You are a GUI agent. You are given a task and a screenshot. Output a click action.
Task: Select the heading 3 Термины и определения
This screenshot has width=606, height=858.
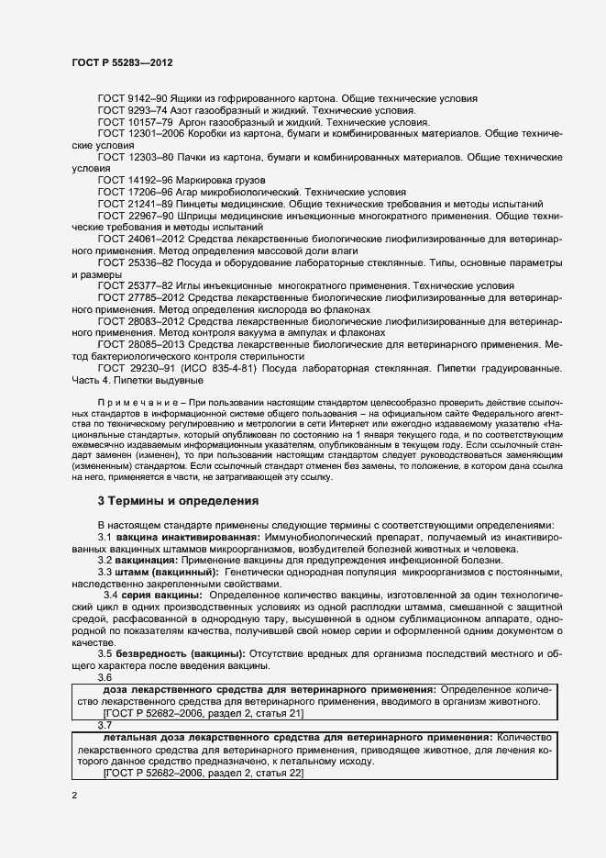click(x=178, y=501)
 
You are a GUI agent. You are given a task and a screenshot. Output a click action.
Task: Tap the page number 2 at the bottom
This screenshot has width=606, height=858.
click(x=74, y=796)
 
